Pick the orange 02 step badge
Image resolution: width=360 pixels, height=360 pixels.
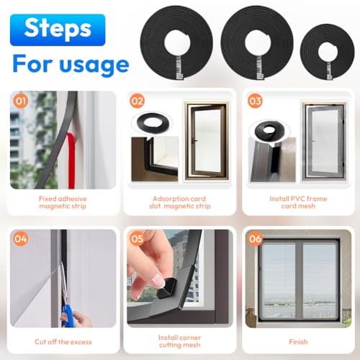point(137,102)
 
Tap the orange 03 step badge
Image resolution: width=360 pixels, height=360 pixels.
point(254,102)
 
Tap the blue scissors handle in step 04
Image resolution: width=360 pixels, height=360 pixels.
point(68,314)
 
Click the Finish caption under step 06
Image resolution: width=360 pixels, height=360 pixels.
point(298,341)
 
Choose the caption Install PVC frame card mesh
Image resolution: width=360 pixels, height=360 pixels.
point(298,202)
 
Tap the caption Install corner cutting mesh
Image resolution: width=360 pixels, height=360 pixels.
point(181,341)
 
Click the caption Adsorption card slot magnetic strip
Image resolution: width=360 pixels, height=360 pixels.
point(181,202)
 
